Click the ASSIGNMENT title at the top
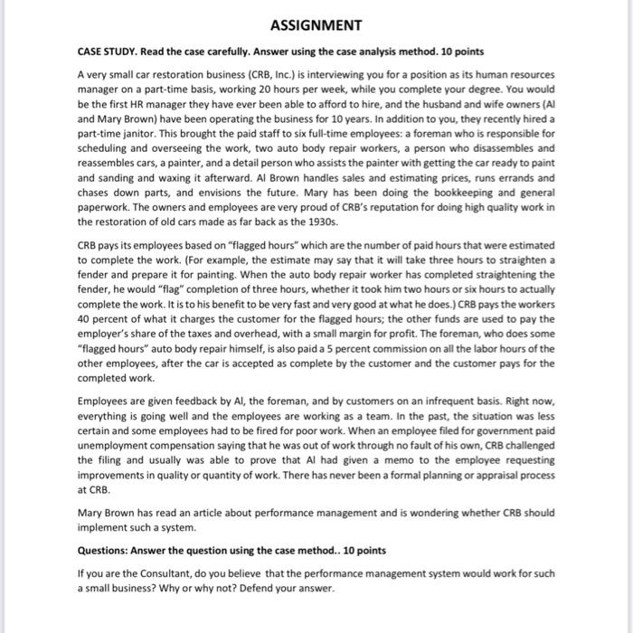[x=316, y=24]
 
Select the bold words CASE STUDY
[x=100, y=52]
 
